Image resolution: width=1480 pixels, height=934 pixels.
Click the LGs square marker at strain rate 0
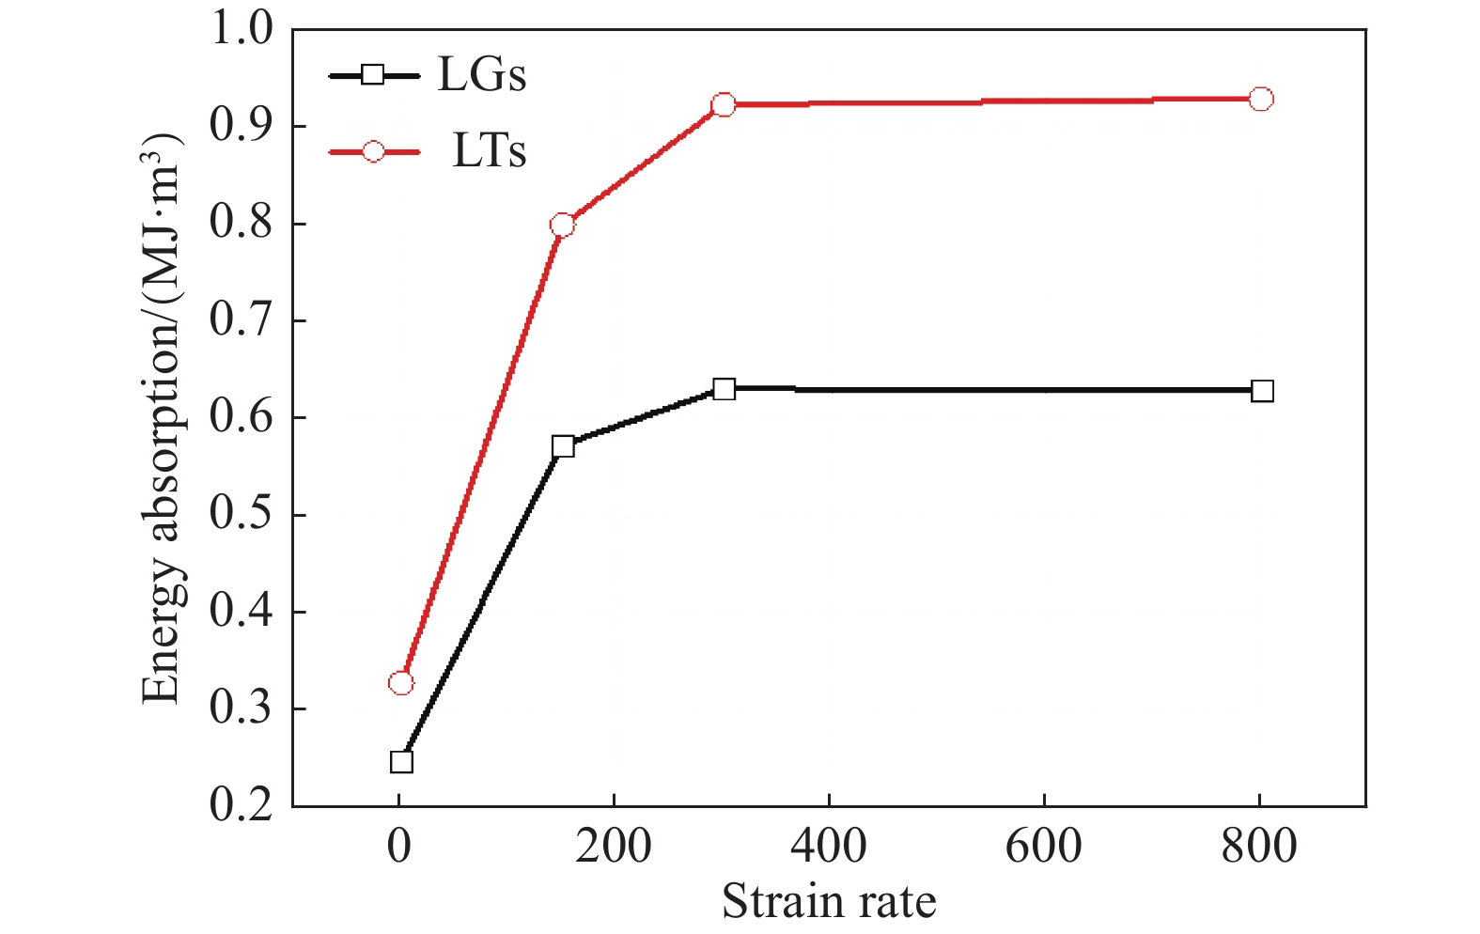(401, 761)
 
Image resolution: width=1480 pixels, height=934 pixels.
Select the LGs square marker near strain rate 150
(563, 445)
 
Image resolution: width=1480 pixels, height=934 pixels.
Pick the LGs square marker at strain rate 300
(724, 389)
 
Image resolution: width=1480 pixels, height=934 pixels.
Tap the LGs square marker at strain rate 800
(1262, 391)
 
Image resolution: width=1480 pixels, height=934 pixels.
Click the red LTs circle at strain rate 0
(401, 682)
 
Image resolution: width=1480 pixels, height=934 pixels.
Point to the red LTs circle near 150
(563, 225)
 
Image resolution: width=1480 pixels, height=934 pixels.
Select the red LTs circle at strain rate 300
(724, 104)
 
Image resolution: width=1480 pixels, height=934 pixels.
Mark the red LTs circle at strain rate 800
(1262, 99)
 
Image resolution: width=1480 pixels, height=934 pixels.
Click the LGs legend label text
(481, 75)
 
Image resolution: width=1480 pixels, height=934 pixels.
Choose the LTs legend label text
(489, 152)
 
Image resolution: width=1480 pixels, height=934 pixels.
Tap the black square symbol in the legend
(373, 75)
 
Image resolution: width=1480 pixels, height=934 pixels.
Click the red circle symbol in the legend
(373, 152)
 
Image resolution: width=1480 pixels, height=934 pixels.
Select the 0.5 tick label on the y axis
(241, 514)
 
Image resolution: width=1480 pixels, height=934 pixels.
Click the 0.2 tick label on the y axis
(241, 805)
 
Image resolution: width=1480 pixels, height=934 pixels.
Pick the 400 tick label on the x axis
(829, 847)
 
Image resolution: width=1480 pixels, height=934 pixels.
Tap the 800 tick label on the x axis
(1259, 847)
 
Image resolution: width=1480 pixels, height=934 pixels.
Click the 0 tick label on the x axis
(399, 847)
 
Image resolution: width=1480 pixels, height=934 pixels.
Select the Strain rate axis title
(829, 902)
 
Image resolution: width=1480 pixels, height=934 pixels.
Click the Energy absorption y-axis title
(162, 417)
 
